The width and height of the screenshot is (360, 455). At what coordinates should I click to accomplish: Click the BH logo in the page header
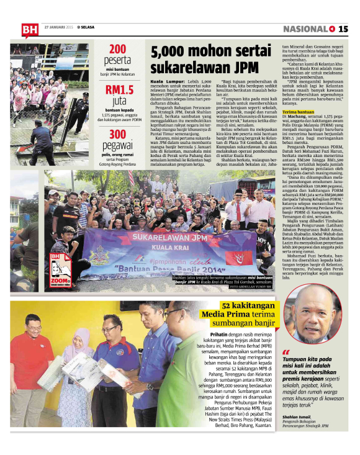29,29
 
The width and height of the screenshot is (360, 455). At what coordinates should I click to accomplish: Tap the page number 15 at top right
343,29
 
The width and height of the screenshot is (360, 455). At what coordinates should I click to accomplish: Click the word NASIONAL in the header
305,29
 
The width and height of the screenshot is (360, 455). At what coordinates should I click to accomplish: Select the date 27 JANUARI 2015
59,27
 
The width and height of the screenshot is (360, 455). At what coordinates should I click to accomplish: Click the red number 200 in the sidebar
118,49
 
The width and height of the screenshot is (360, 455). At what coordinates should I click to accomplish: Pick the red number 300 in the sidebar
118,135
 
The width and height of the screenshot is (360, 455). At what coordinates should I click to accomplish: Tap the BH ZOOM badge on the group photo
59,264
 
